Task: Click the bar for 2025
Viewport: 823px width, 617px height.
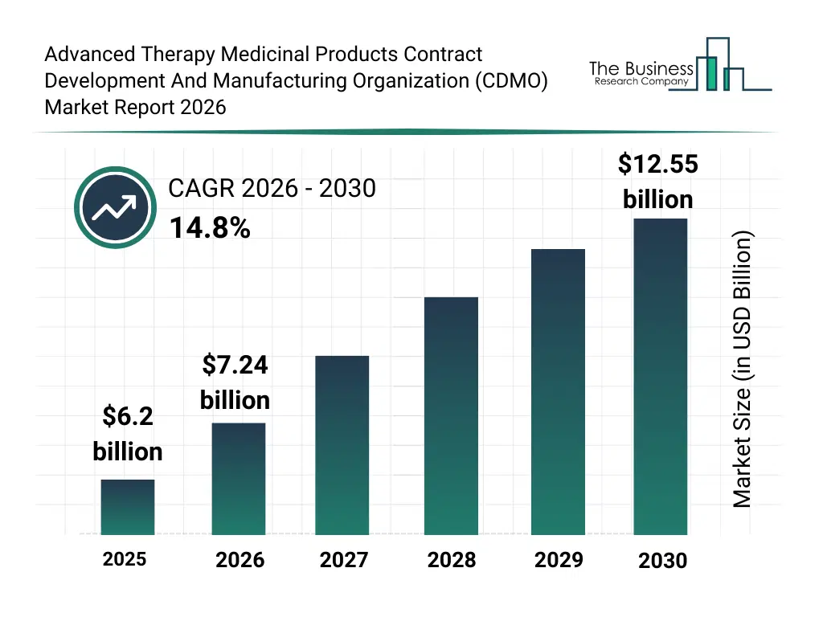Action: [128, 507]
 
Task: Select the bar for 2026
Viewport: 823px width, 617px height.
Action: [239, 479]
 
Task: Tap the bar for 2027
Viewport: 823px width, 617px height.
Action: [342, 445]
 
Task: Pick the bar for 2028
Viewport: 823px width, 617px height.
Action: [451, 416]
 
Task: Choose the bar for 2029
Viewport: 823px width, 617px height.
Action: [559, 392]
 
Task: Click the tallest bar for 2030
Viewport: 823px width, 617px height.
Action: [661, 376]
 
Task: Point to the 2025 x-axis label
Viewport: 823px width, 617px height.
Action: [125, 558]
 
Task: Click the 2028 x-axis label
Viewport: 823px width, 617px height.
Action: [451, 560]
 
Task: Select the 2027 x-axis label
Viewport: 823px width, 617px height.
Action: [344, 560]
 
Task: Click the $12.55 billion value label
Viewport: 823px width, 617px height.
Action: [657, 181]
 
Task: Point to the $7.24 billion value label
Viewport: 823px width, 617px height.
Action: [235, 382]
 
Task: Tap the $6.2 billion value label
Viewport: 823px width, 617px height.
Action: [128, 434]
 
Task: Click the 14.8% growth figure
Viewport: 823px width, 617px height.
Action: [210, 229]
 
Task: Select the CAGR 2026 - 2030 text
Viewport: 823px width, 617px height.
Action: [272, 189]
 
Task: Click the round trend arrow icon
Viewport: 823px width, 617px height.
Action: [113, 208]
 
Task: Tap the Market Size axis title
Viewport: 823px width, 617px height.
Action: [742, 370]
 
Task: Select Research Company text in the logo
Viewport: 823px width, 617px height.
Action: [641, 81]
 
